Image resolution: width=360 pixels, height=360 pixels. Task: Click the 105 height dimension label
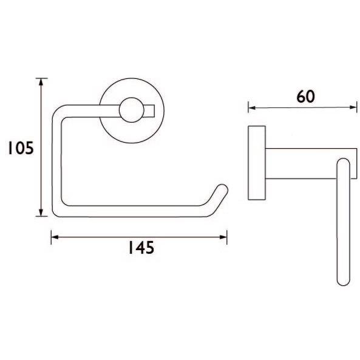coord(21,148)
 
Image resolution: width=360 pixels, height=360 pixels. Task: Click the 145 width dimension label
coord(141,248)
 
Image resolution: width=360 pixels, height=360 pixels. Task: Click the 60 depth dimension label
coord(305,97)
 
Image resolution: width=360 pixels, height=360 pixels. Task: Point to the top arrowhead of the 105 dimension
coord(41,82)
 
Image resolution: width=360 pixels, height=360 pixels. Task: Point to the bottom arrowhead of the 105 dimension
coord(41,212)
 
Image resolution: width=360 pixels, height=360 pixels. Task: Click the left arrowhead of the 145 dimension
coord(55,237)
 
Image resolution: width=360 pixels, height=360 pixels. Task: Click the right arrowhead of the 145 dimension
coord(223,237)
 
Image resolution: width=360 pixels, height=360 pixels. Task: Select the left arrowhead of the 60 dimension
coord(252,107)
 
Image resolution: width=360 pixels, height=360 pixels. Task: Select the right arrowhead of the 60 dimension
coord(353,107)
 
